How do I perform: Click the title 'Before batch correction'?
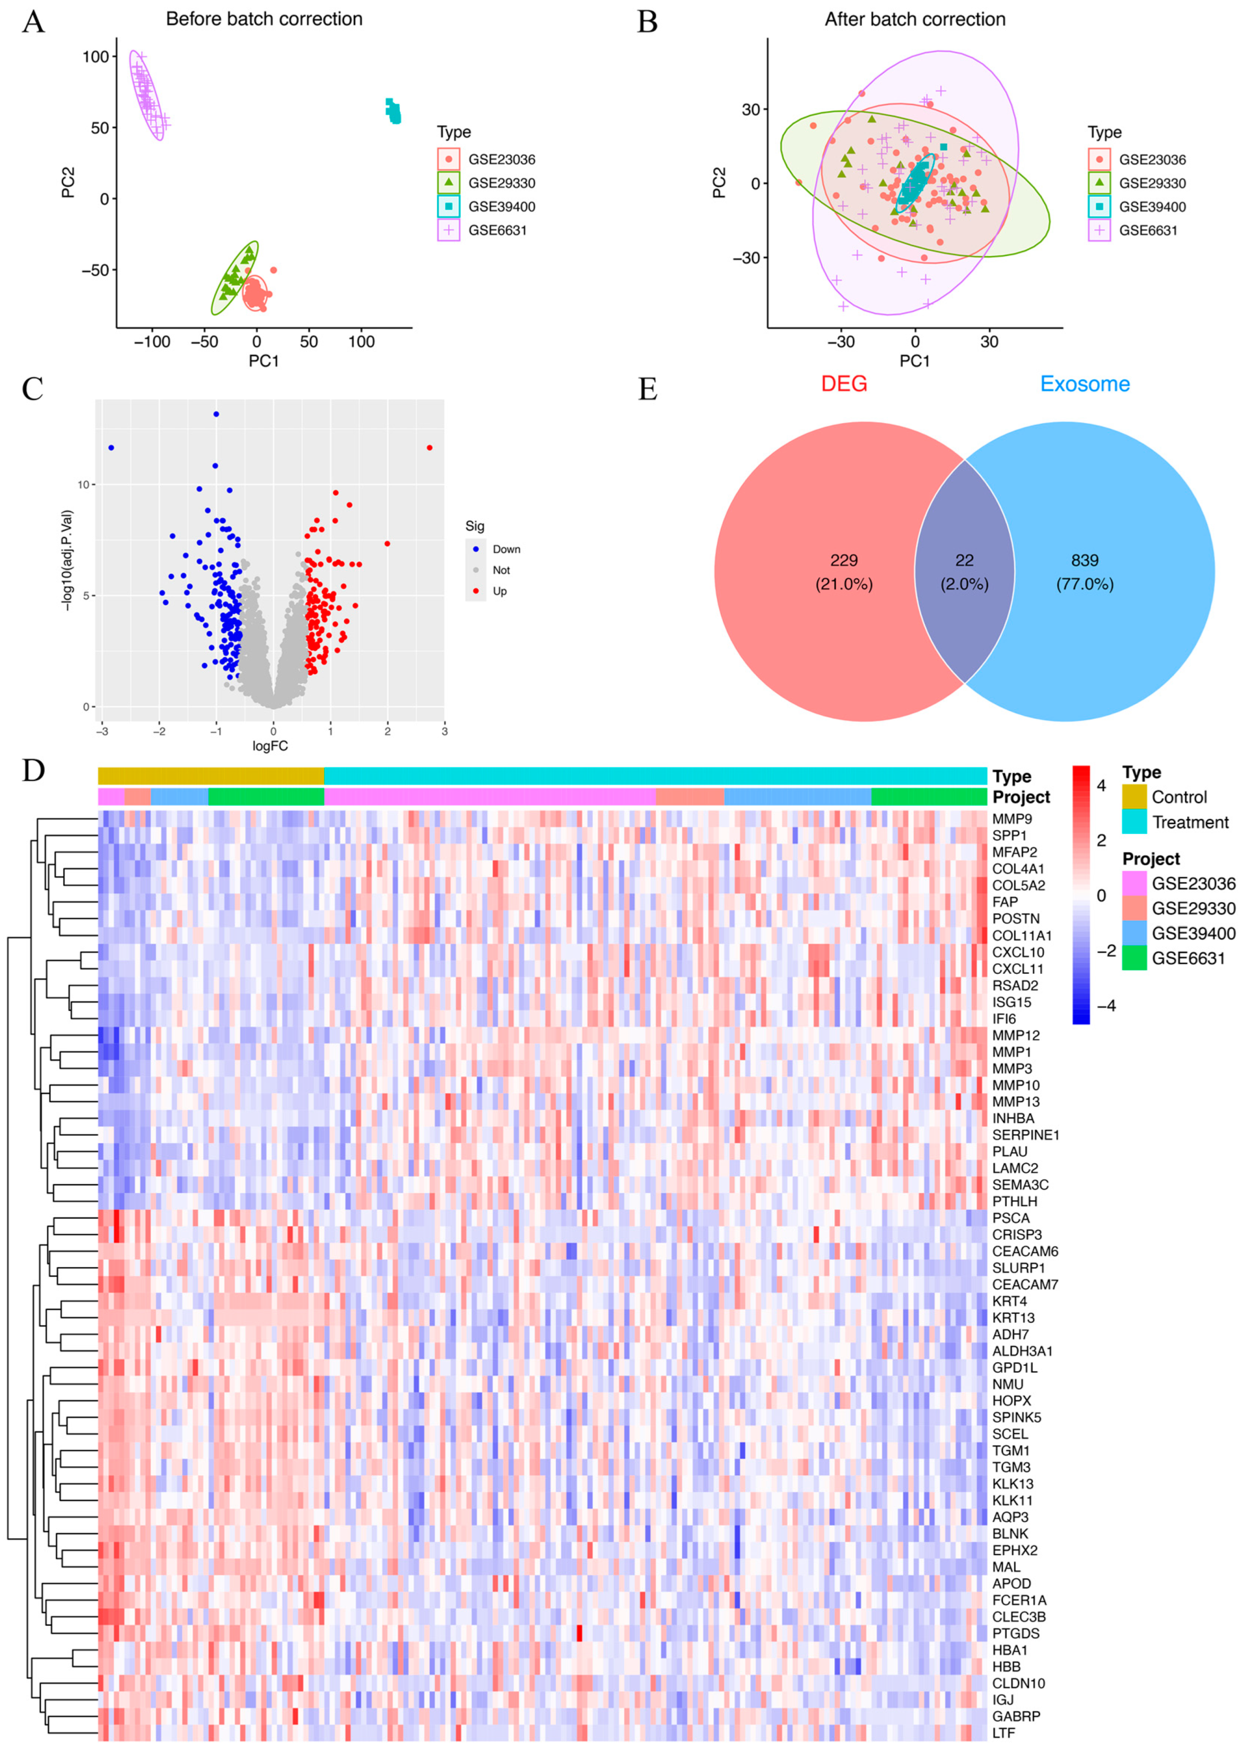click(x=264, y=19)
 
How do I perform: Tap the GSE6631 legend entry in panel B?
click(x=1147, y=231)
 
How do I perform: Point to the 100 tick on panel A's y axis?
click(x=96, y=57)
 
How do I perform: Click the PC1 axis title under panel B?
click(x=914, y=360)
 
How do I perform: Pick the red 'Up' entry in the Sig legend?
click(x=500, y=591)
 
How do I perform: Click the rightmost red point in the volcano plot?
click(x=430, y=448)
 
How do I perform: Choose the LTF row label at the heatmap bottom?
click(x=1003, y=1733)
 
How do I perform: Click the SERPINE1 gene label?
click(x=1025, y=1135)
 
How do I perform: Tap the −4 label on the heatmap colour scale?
click(x=1105, y=1006)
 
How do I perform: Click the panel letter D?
click(x=33, y=771)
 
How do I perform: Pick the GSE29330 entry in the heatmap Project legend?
click(x=1193, y=909)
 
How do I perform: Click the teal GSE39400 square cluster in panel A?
click(x=392, y=111)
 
